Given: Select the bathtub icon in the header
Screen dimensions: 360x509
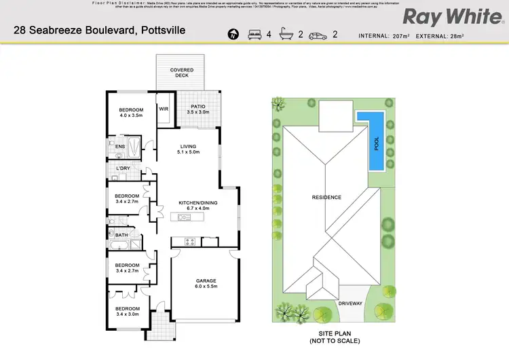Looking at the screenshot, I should pos(287,33).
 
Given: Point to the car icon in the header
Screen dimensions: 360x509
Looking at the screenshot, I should pos(317,33).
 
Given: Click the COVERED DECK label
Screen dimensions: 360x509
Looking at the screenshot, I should pos(181,73).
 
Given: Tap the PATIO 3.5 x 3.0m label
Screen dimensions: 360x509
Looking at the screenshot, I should pos(198,109).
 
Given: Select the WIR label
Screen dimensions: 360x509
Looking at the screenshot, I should pos(164,109).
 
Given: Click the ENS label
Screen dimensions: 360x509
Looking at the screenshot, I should pos(119,146).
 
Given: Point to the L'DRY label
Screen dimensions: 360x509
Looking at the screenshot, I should pos(123,168).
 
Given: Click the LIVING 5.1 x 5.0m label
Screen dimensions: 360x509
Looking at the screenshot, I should pos(188,149).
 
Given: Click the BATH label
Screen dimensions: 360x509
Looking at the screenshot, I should pos(121,235).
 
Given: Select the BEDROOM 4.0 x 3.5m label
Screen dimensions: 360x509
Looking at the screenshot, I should pos(131,113).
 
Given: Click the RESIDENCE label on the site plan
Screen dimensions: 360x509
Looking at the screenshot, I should pos(326,198).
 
